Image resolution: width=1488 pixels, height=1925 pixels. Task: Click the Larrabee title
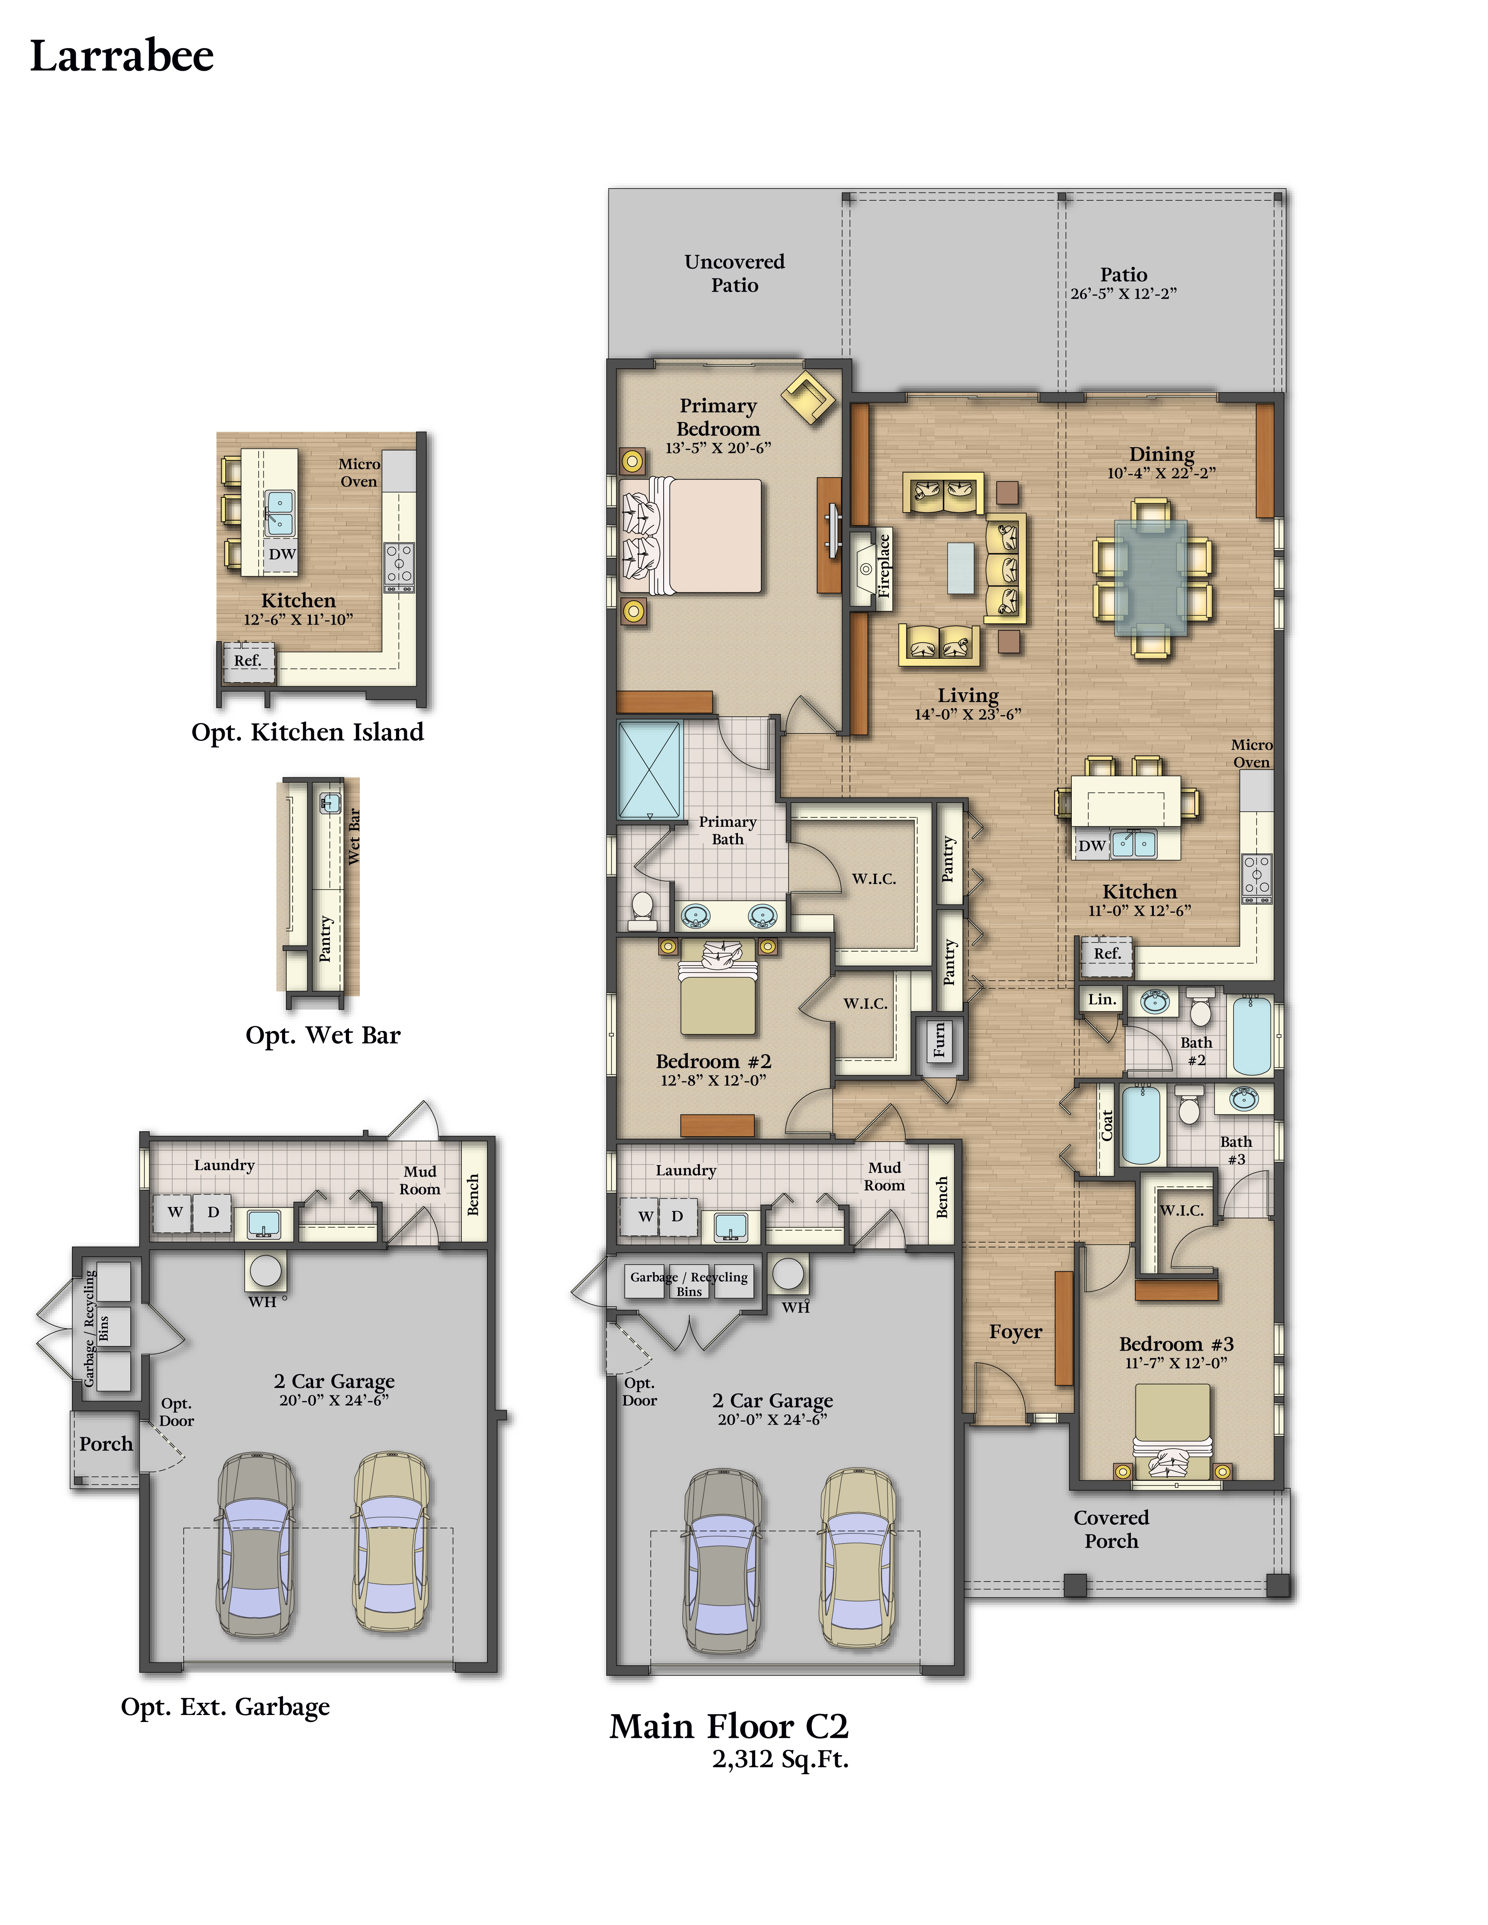click(122, 56)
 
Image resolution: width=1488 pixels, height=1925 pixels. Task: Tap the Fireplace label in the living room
click(884, 566)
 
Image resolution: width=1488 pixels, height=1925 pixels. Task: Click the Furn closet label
click(939, 1041)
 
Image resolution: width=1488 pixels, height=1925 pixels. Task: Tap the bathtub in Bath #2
click(1252, 1036)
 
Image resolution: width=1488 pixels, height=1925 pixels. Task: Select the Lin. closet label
click(1102, 999)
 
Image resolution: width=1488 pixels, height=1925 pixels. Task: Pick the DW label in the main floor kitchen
click(1092, 845)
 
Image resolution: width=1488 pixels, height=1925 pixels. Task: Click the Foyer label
click(1015, 1332)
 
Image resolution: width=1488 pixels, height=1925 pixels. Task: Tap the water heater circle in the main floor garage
click(788, 1273)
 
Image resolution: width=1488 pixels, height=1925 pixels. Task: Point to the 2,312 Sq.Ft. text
click(780, 1759)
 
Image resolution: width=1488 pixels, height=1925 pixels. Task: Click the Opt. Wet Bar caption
click(322, 1036)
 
